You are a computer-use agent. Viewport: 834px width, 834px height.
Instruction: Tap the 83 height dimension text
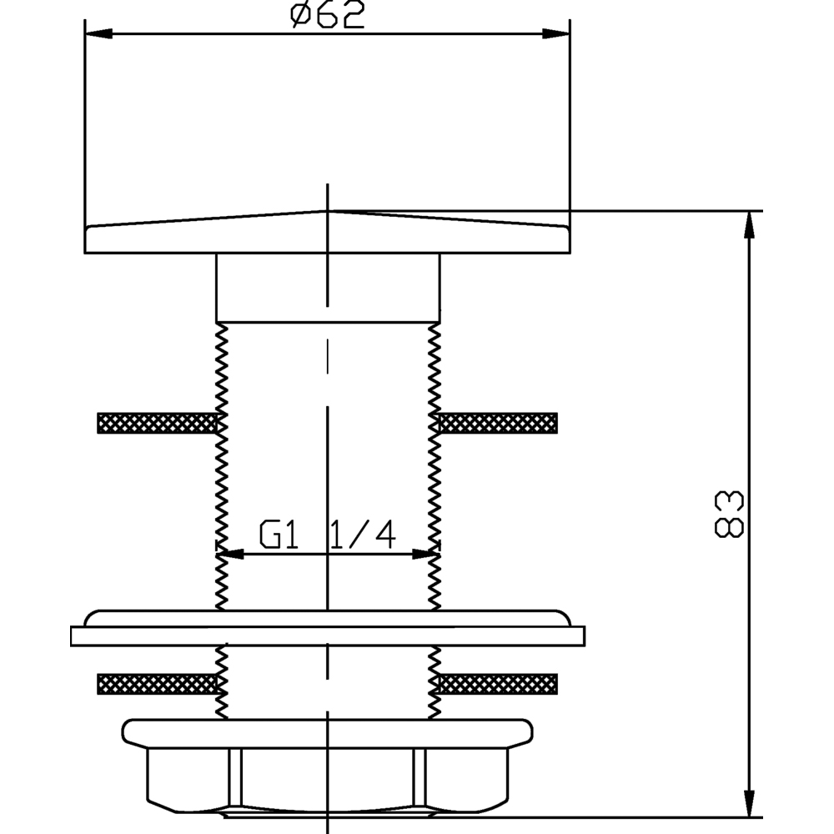click(728, 514)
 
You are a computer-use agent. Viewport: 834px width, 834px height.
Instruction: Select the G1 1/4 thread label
click(328, 535)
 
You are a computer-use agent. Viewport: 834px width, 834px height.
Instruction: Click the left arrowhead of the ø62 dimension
click(98, 33)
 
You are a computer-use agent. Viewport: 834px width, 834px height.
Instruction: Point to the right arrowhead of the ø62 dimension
click(556, 33)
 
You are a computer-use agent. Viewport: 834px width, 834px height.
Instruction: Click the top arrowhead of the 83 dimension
click(749, 224)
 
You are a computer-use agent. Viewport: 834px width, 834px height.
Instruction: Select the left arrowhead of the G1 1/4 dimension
click(230, 555)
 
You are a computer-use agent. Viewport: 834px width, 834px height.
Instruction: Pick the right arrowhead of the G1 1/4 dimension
click(426, 555)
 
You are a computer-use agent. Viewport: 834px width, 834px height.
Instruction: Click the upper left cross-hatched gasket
click(158, 423)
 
